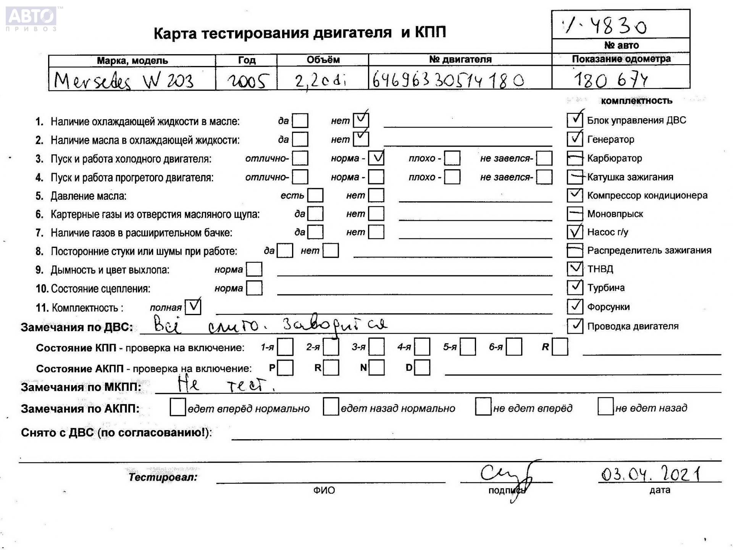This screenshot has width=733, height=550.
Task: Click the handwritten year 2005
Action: point(247,81)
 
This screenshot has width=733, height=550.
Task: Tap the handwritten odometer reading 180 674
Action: point(610,80)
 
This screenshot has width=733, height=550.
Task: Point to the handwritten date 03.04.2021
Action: point(651,474)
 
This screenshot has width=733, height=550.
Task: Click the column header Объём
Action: point(323,60)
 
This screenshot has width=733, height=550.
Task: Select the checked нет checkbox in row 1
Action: point(361,120)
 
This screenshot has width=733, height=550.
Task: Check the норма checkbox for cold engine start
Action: point(376,158)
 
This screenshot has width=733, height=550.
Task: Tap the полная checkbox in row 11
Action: point(193,307)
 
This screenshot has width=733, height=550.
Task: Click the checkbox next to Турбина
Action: point(575,287)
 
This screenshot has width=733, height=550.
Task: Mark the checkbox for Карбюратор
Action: point(575,158)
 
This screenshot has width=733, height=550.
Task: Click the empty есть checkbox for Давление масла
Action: point(315,195)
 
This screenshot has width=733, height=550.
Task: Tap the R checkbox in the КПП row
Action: point(560,347)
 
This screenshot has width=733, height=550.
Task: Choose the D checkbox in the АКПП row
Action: point(422,367)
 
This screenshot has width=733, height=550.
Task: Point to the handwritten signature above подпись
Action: point(508,476)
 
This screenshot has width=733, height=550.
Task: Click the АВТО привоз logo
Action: point(31,18)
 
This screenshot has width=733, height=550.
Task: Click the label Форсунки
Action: point(608,307)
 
